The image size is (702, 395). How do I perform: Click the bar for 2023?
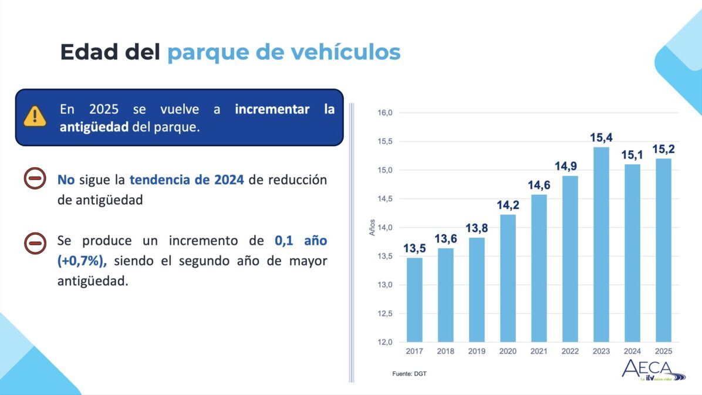601,245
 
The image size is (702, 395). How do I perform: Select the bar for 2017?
414,300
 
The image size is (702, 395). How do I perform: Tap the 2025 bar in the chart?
663,251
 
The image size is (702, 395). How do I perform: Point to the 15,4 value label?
601,137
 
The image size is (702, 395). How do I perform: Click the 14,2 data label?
508,205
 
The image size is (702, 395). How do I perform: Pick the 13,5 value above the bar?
414,248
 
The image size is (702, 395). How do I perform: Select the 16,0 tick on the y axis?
384,113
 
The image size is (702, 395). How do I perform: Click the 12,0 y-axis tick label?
384,342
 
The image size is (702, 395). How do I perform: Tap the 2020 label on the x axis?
508,352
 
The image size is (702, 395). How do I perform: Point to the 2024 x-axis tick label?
632,352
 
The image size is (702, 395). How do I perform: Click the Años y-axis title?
372,228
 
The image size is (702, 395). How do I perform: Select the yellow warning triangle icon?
35,116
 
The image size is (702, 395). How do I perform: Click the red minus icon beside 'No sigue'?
35,178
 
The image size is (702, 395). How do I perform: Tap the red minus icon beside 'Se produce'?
35,244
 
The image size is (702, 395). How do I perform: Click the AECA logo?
653,370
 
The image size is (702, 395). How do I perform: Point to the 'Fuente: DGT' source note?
409,373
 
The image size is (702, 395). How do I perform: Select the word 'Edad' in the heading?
89,52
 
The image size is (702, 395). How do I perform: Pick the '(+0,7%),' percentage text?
82,261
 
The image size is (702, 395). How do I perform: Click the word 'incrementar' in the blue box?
272,109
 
